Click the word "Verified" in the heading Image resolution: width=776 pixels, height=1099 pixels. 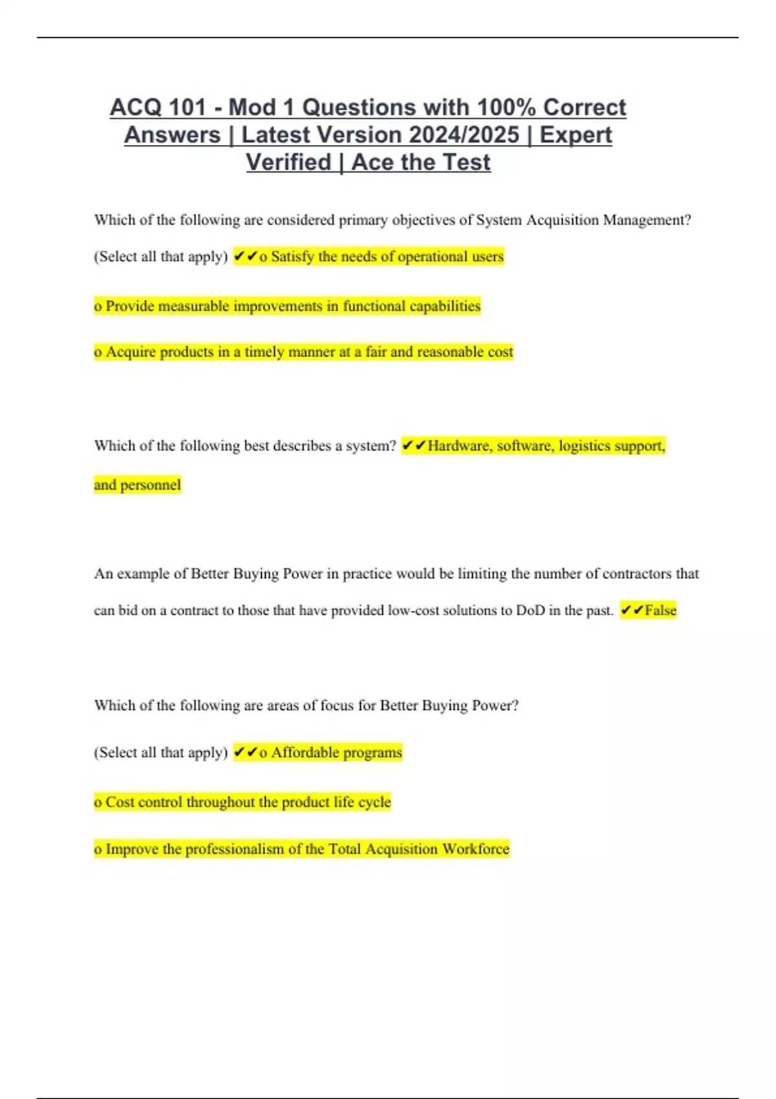(288, 162)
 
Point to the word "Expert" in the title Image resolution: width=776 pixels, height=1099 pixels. (576, 135)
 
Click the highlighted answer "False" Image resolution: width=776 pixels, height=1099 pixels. (660, 610)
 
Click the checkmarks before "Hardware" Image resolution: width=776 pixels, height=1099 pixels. (414, 446)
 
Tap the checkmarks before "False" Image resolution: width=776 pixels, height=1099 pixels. (632, 610)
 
